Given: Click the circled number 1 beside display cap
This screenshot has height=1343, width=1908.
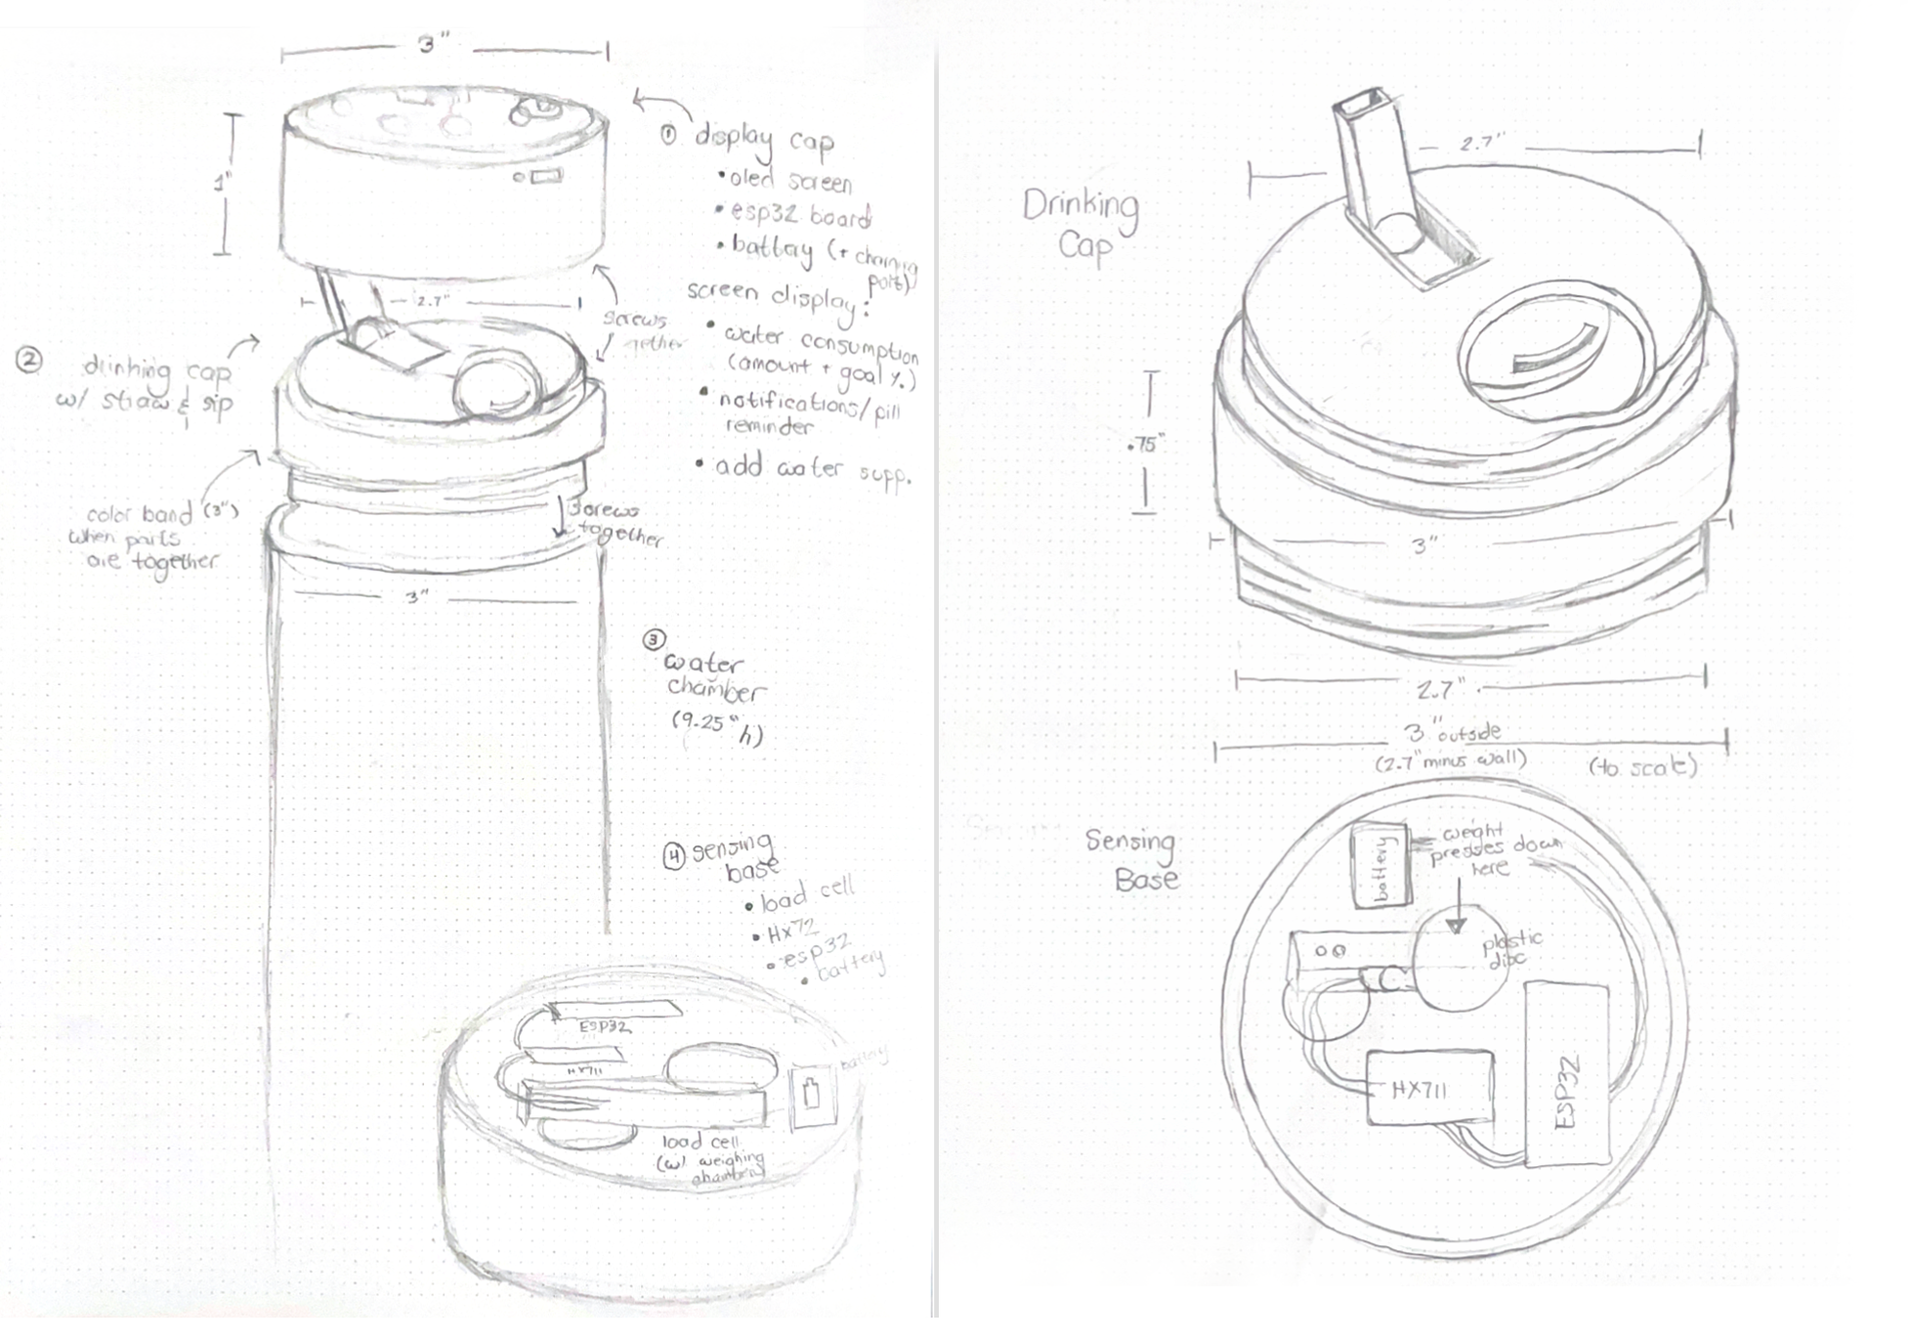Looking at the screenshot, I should (x=667, y=135).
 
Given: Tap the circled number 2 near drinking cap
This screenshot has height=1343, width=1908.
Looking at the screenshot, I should (x=29, y=361).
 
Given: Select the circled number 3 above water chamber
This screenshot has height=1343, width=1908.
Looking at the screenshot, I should (x=654, y=640).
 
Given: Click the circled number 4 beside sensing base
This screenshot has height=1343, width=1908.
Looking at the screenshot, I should (x=674, y=856).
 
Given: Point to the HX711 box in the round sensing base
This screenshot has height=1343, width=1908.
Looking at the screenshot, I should (x=1429, y=1088).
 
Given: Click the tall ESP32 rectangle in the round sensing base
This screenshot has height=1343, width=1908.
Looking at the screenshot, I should (x=1566, y=1073).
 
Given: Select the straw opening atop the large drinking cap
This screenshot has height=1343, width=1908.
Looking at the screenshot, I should (x=1363, y=103).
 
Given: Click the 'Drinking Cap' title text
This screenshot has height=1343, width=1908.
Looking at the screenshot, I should (x=1081, y=224).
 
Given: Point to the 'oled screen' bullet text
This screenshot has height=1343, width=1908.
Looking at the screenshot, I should (x=789, y=180).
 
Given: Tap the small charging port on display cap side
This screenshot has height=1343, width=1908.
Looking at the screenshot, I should (x=540, y=177).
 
